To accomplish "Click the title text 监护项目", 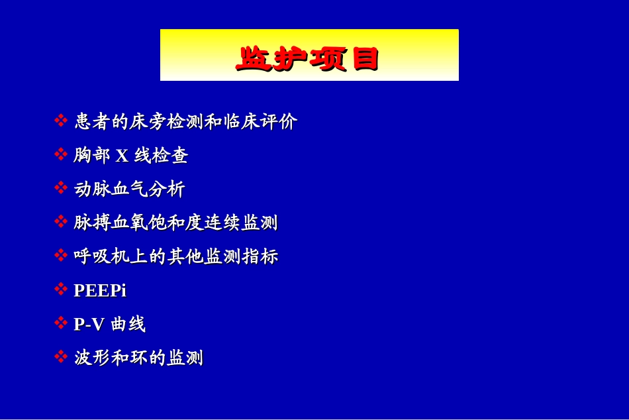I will click(x=309, y=59).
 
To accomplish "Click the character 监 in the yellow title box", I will click(x=254, y=59).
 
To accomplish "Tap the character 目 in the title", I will click(x=365, y=59).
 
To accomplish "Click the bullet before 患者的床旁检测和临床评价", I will click(x=60, y=121).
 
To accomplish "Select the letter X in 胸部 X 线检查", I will click(x=122, y=156).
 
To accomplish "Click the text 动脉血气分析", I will click(x=129, y=189).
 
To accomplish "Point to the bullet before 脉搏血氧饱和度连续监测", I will click(x=60, y=221).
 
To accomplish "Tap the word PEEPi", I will click(x=100, y=290).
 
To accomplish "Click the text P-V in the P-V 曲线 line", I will click(x=89, y=325).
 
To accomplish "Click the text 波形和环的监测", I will click(x=138, y=358).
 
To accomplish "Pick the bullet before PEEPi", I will click(x=60, y=289).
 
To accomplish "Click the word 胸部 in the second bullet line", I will click(x=92, y=156).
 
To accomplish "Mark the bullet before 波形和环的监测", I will click(x=60, y=357).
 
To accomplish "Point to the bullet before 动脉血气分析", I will click(x=60, y=188).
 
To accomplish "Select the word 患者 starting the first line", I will click(x=92, y=122).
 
